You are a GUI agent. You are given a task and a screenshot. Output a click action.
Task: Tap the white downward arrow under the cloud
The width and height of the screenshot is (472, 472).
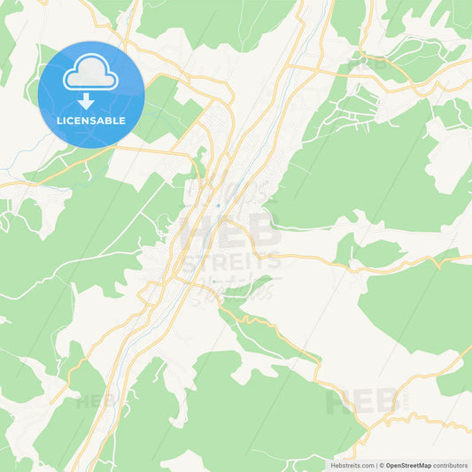[x=87, y=99]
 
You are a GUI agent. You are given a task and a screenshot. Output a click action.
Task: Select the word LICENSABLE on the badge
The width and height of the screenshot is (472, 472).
[x=91, y=120]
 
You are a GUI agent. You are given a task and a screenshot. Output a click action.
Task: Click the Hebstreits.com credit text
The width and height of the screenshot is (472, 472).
[x=352, y=465]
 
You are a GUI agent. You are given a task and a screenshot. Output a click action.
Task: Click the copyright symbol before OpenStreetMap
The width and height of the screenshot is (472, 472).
[x=382, y=465]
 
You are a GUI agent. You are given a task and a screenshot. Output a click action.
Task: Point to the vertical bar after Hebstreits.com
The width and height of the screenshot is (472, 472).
[x=375, y=465]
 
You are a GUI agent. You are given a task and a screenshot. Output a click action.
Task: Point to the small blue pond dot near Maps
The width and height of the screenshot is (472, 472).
[x=218, y=206]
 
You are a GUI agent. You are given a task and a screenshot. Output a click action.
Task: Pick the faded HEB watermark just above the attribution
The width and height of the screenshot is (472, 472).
[x=363, y=403]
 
